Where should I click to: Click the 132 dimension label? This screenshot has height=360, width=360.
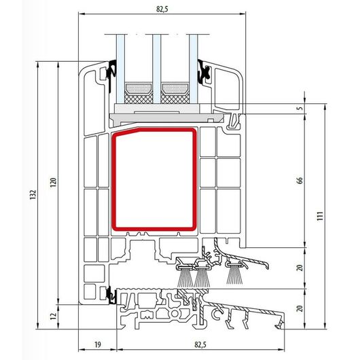click(33, 194)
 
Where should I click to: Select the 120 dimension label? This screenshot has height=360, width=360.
click(53, 182)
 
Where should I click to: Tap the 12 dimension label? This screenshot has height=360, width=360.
click(53, 316)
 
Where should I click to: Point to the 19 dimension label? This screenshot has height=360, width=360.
click(98, 344)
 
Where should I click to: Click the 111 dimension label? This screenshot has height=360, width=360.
click(320, 216)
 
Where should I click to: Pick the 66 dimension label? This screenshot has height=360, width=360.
click(300, 181)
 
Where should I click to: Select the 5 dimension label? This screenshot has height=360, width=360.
click(300, 108)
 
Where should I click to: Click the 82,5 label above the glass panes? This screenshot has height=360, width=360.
click(162, 9)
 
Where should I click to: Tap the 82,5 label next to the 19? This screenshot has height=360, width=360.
click(200, 344)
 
